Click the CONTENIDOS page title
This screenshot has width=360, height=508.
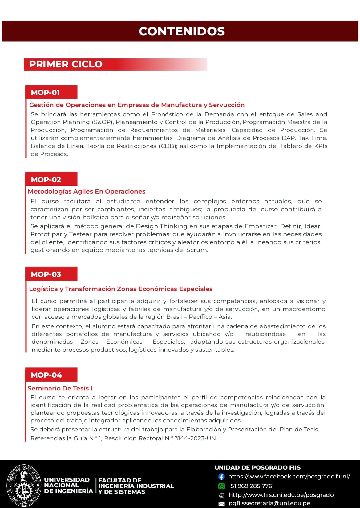pyautogui.click(x=182, y=31)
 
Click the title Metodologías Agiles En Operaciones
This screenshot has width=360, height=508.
pyautogui.click(x=87, y=191)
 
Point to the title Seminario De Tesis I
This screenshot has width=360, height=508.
pyautogui.click(x=60, y=388)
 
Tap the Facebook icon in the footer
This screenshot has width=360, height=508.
pyautogui.click(x=221, y=477)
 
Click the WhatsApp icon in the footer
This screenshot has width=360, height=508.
pyautogui.click(x=221, y=486)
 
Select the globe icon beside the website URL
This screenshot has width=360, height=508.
pyautogui.click(x=221, y=495)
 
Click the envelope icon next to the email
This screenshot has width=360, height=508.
pyautogui.click(x=221, y=504)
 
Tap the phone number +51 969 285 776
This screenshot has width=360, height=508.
pyautogui.click(x=250, y=486)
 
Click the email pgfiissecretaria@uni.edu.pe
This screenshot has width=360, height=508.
pyautogui.click(x=269, y=503)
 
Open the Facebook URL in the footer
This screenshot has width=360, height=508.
pyautogui.click(x=289, y=477)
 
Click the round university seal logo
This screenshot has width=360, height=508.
pyautogui.click(x=24, y=486)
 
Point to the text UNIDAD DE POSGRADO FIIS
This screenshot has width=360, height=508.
pyautogui.click(x=257, y=468)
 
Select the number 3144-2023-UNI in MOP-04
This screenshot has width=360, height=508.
pyautogui.click(x=196, y=438)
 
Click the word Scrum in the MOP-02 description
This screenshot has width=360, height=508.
pyautogui.click(x=197, y=250)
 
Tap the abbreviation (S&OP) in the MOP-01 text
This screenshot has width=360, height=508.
pyautogui.click(x=102, y=122)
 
